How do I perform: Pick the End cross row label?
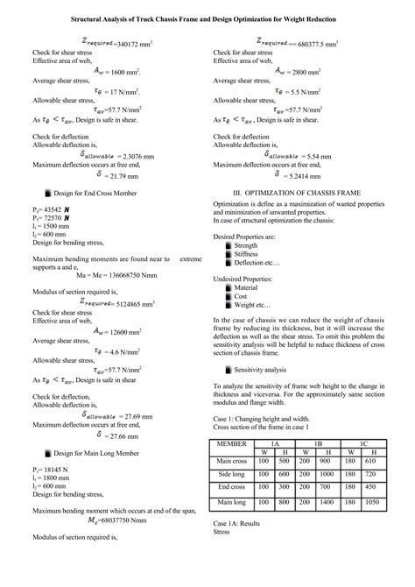pos(231,487)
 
